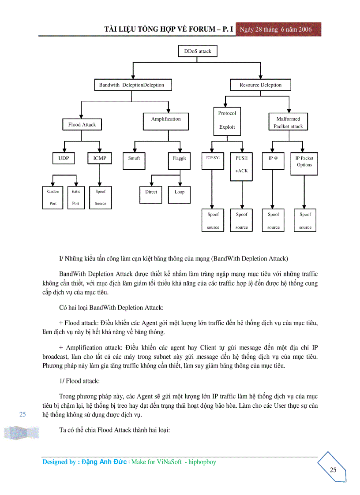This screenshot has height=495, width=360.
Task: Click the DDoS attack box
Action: coord(198,51)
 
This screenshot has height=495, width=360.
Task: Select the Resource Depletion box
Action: coord(260,85)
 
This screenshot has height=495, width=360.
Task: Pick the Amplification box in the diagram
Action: coord(166,119)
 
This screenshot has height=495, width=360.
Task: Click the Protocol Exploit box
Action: coord(227,120)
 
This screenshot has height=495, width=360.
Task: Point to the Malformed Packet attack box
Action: coord(288,122)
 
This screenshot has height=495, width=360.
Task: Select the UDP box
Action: coord(64,158)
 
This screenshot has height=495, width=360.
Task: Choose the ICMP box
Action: coord(100,158)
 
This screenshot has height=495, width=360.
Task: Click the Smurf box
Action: coord(134,158)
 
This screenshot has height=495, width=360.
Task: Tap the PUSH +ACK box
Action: coord(242,164)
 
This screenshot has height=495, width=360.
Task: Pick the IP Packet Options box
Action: coord(304,161)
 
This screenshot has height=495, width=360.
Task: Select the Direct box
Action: coord(151,192)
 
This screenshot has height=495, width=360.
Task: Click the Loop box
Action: coord(180,192)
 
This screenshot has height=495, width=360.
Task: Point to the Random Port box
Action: coord(53,197)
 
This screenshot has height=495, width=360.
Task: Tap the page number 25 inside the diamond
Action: coord(333,470)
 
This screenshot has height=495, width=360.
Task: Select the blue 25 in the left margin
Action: coord(23,414)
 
